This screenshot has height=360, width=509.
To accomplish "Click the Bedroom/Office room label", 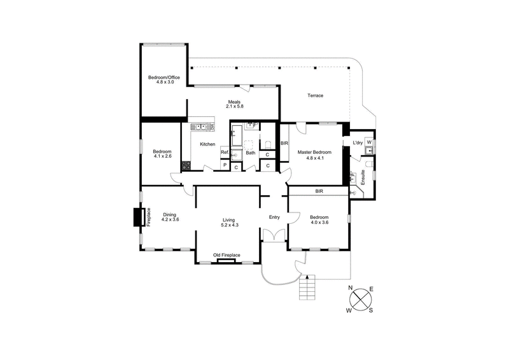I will click(164, 78).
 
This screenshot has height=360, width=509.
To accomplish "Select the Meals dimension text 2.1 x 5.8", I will click(235, 106).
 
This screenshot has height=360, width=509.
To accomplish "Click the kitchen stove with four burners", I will click(186, 166).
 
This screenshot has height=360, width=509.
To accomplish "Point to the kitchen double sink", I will click(202, 126).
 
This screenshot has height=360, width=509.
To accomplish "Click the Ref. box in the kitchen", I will click(225, 153).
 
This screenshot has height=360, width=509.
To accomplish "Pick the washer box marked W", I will click(369, 142).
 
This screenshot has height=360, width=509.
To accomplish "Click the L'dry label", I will click(358, 143).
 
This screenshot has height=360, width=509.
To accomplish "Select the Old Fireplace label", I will click(227, 255).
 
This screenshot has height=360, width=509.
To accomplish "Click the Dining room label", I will click(169, 214).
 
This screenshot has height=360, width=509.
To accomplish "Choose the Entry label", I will click(274, 218).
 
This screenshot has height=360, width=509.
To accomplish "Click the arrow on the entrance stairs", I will click(307, 277).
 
